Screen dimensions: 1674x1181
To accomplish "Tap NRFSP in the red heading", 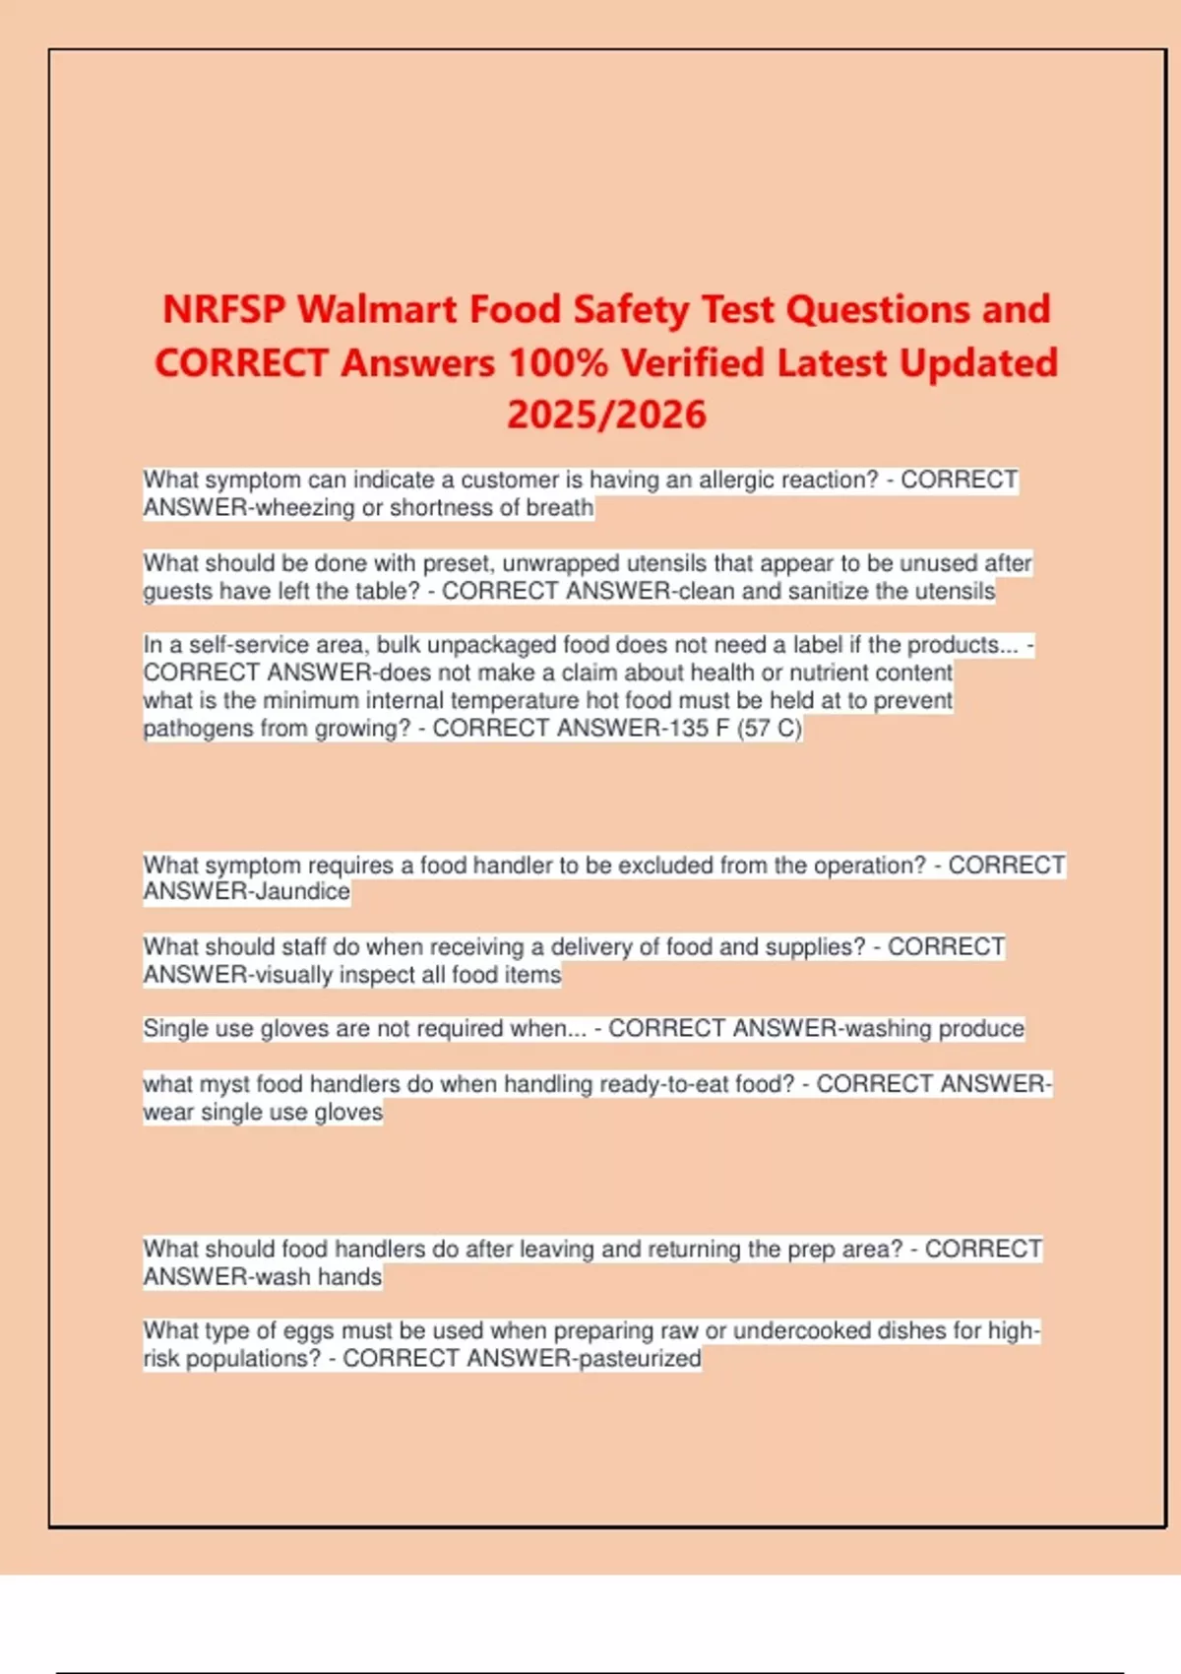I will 223,310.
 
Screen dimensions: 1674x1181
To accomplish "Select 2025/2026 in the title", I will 606,415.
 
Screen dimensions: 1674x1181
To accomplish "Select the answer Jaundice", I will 303,892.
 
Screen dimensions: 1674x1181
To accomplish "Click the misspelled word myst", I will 224,1085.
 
